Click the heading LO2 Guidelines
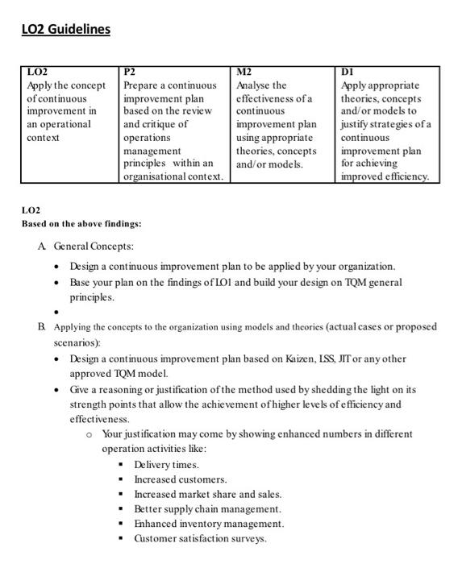[65, 30]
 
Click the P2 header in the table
[131, 72]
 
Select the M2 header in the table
[244, 72]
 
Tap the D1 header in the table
[348, 72]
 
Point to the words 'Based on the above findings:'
[81, 223]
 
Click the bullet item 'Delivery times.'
[166, 464]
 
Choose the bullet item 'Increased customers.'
[180, 479]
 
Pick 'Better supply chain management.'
[207, 508]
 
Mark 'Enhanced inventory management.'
[209, 523]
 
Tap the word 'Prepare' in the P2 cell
[143, 85]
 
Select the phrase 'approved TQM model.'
[119, 373]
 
